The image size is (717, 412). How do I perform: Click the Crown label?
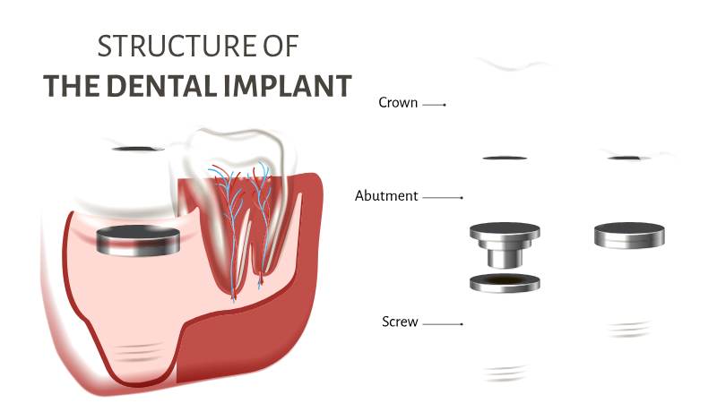(x=398, y=103)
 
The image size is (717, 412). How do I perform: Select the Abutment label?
(x=386, y=196)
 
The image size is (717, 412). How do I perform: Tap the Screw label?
(x=400, y=322)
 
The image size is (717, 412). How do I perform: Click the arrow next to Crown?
(x=434, y=105)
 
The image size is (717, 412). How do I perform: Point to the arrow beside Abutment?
(x=443, y=198)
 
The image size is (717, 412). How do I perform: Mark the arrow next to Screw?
(x=443, y=324)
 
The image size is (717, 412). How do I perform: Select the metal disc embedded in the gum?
(x=138, y=240)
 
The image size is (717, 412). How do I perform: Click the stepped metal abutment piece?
(x=505, y=245)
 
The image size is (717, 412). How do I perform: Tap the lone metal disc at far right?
(x=630, y=236)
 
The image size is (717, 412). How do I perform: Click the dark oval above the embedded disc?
(x=138, y=149)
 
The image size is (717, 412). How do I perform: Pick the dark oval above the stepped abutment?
(x=505, y=159)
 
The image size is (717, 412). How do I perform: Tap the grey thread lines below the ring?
(x=505, y=373)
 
